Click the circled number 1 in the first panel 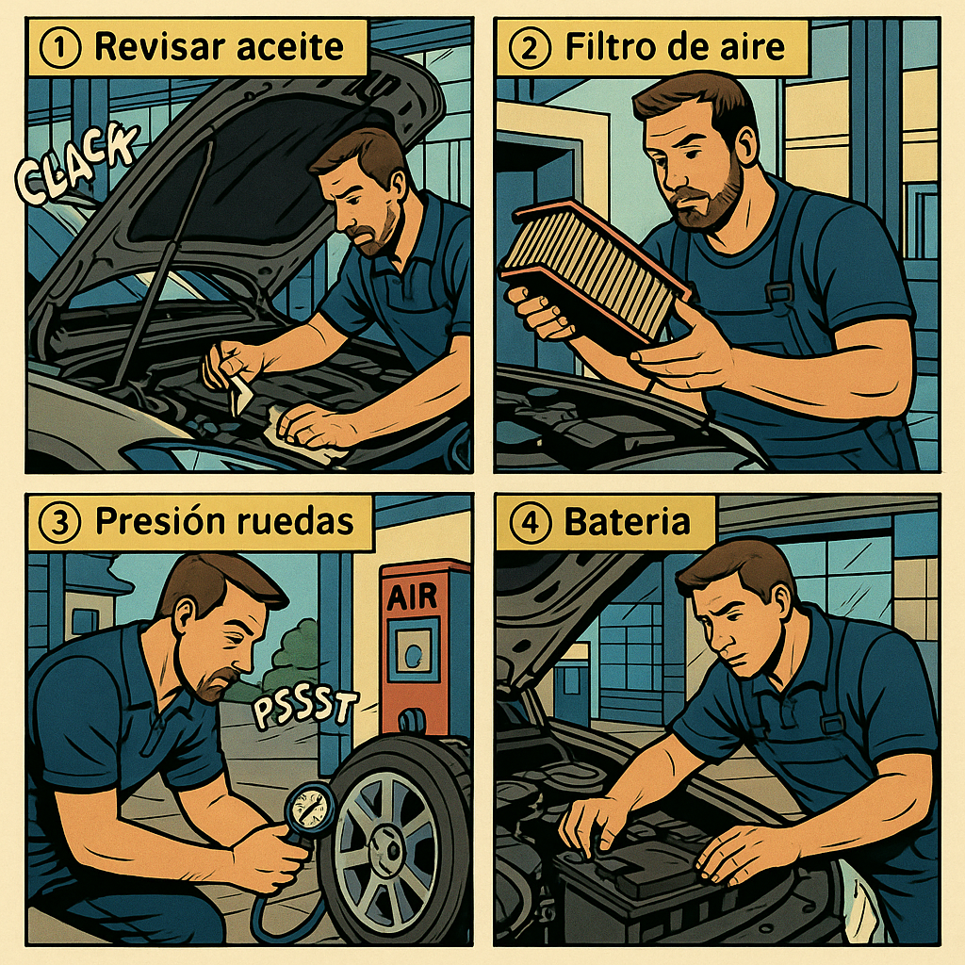tap(59, 48)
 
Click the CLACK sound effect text tap(75, 163)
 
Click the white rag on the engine tap(302, 437)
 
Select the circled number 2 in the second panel tap(529, 48)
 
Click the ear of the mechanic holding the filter tap(747, 148)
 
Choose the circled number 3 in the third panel tap(59, 522)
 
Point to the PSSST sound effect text tap(304, 709)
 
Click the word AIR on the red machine tap(412, 597)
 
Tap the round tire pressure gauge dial tap(311, 807)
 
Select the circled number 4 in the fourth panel tap(529, 522)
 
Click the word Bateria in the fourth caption tap(627, 521)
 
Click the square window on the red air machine tap(413, 650)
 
